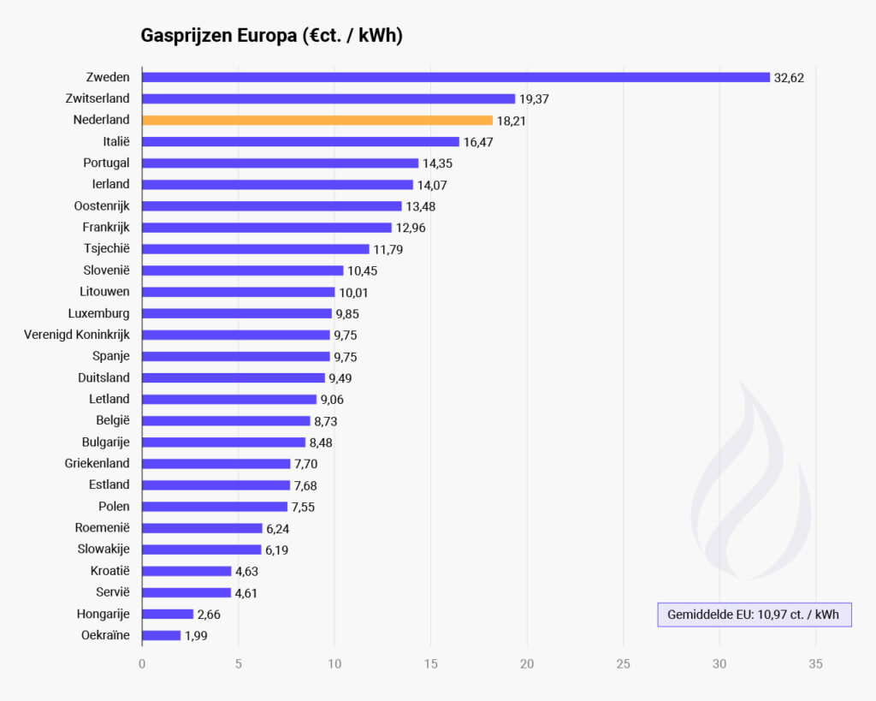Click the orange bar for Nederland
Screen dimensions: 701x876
(x=317, y=120)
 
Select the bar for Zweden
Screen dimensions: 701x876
(x=455, y=77)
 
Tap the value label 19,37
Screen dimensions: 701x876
(x=534, y=99)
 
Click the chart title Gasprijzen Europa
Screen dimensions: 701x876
(x=271, y=36)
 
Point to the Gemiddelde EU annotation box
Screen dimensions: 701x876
(x=754, y=615)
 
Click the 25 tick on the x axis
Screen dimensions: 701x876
(x=623, y=663)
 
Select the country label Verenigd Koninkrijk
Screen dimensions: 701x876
(x=77, y=335)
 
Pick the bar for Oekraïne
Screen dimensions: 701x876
(x=161, y=635)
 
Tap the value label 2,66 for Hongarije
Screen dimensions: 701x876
(x=211, y=615)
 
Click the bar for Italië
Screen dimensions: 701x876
(x=300, y=141)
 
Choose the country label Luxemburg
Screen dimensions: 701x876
(x=99, y=313)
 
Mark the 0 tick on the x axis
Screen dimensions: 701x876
(x=142, y=663)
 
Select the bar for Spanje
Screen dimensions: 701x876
(x=235, y=356)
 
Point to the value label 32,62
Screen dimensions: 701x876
(x=789, y=78)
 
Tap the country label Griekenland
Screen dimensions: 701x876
(x=98, y=463)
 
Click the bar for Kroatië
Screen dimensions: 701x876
(x=186, y=571)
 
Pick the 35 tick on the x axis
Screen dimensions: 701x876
(x=815, y=663)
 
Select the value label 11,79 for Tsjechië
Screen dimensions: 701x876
(x=388, y=249)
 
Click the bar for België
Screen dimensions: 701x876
(x=226, y=420)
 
